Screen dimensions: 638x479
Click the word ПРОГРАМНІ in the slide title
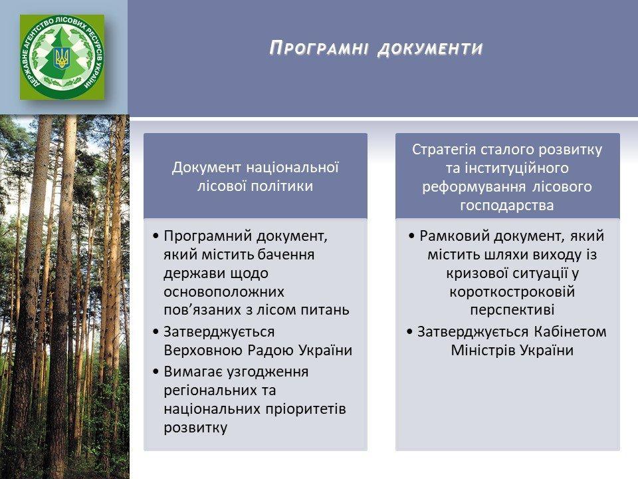click(319, 48)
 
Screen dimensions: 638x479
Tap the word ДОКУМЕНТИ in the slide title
click(431, 49)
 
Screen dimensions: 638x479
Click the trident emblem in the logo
click(62, 58)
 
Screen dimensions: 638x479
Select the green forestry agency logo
click(62, 57)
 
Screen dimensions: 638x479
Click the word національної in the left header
click(292, 168)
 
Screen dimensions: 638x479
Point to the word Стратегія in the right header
click(444, 150)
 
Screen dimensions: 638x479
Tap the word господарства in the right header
click(507, 206)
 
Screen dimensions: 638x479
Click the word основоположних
click(224, 292)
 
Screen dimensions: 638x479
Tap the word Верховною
click(203, 351)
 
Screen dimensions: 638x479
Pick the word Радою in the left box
click(271, 351)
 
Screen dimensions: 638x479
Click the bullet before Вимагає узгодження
click(156, 371)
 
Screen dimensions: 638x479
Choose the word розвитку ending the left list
click(195, 428)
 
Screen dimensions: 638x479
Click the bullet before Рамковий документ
click(411, 236)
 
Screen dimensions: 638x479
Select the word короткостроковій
click(512, 292)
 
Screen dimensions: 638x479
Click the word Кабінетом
click(570, 332)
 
